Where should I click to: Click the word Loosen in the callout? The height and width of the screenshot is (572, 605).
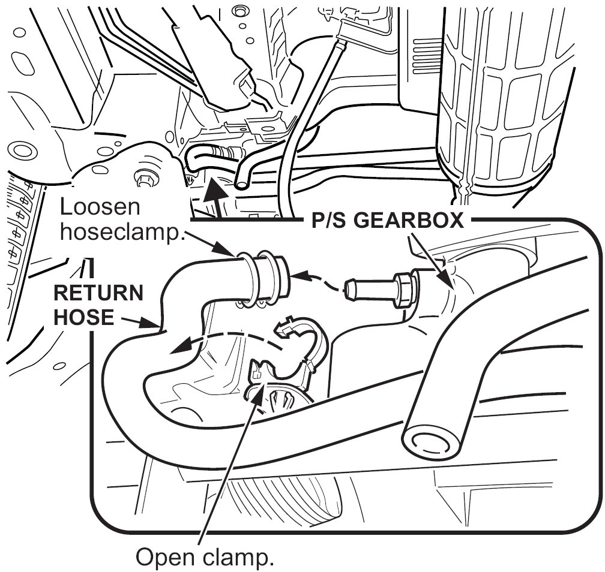pos(101,208)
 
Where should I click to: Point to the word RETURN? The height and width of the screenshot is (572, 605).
pos(100,294)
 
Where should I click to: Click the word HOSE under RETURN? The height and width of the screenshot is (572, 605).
pos(83,317)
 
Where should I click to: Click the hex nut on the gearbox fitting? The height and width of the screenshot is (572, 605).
pos(405,290)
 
